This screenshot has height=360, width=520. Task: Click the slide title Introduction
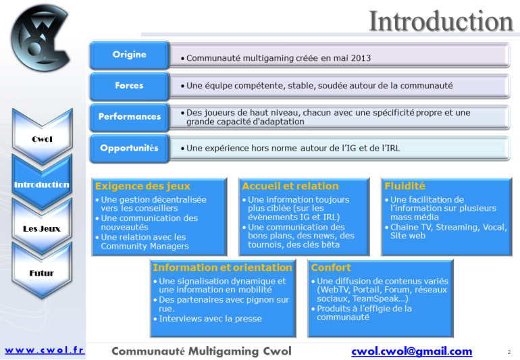[441, 21]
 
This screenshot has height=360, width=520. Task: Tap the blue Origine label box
[130, 55]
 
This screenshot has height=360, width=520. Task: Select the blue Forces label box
[130, 86]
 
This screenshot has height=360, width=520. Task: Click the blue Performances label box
[130, 117]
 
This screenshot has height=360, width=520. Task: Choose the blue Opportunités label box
[130, 149]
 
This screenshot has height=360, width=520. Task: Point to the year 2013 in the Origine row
[361, 58]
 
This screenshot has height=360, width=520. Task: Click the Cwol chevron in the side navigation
[42, 136]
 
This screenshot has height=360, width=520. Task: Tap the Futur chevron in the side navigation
[42, 271]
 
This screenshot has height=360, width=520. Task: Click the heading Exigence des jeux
[142, 186]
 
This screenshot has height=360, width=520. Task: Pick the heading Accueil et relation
[290, 186]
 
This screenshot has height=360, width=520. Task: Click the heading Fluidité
[405, 186]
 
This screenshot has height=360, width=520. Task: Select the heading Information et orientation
[223, 267]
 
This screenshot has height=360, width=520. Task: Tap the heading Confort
[331, 267]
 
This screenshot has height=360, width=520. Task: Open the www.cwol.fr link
[45, 350]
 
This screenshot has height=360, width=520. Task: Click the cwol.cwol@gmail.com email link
[412, 351]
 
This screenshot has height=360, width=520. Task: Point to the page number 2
[509, 352]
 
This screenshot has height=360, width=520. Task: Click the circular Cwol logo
[41, 38]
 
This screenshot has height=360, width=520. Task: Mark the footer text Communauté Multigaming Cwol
[202, 351]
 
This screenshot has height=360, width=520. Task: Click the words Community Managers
[145, 247]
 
